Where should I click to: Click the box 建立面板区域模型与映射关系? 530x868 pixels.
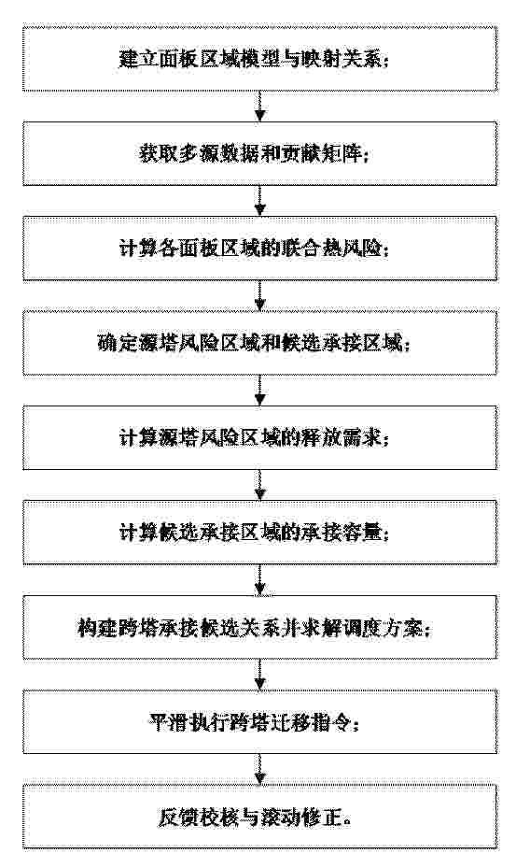pyautogui.click(x=259, y=58)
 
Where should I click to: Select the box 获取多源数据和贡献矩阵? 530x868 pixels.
pyautogui.click(x=259, y=153)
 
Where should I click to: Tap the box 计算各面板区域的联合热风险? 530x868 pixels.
pyautogui.click(x=259, y=248)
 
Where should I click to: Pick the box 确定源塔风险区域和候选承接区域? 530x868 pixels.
pyautogui.click(x=259, y=343)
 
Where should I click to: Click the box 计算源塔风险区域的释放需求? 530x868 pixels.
pyautogui.click(x=259, y=437)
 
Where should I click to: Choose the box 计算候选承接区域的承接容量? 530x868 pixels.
pyautogui.click(x=259, y=532)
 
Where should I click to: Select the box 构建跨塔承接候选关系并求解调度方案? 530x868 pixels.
pyautogui.click(x=259, y=627)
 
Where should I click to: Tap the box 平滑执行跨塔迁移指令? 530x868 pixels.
pyautogui.click(x=259, y=722)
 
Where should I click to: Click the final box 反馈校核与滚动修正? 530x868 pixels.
pyautogui.click(x=259, y=817)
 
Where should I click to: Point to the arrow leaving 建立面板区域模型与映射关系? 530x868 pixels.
pyautogui.click(x=259, y=107)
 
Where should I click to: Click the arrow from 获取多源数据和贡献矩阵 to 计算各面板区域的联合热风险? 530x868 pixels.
pyautogui.click(x=259, y=201)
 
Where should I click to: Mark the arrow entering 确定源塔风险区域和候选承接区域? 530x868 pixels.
pyautogui.click(x=259, y=295)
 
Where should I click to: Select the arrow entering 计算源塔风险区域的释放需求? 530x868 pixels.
pyautogui.click(x=259, y=391)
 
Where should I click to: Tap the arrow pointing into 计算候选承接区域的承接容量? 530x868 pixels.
pyautogui.click(x=259, y=485)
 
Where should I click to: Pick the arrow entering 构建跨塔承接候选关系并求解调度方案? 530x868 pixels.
pyautogui.click(x=259, y=579)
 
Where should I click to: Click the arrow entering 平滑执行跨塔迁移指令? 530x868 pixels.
pyautogui.click(x=259, y=675)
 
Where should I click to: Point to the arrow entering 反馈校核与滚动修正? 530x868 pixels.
pyautogui.click(x=259, y=769)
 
